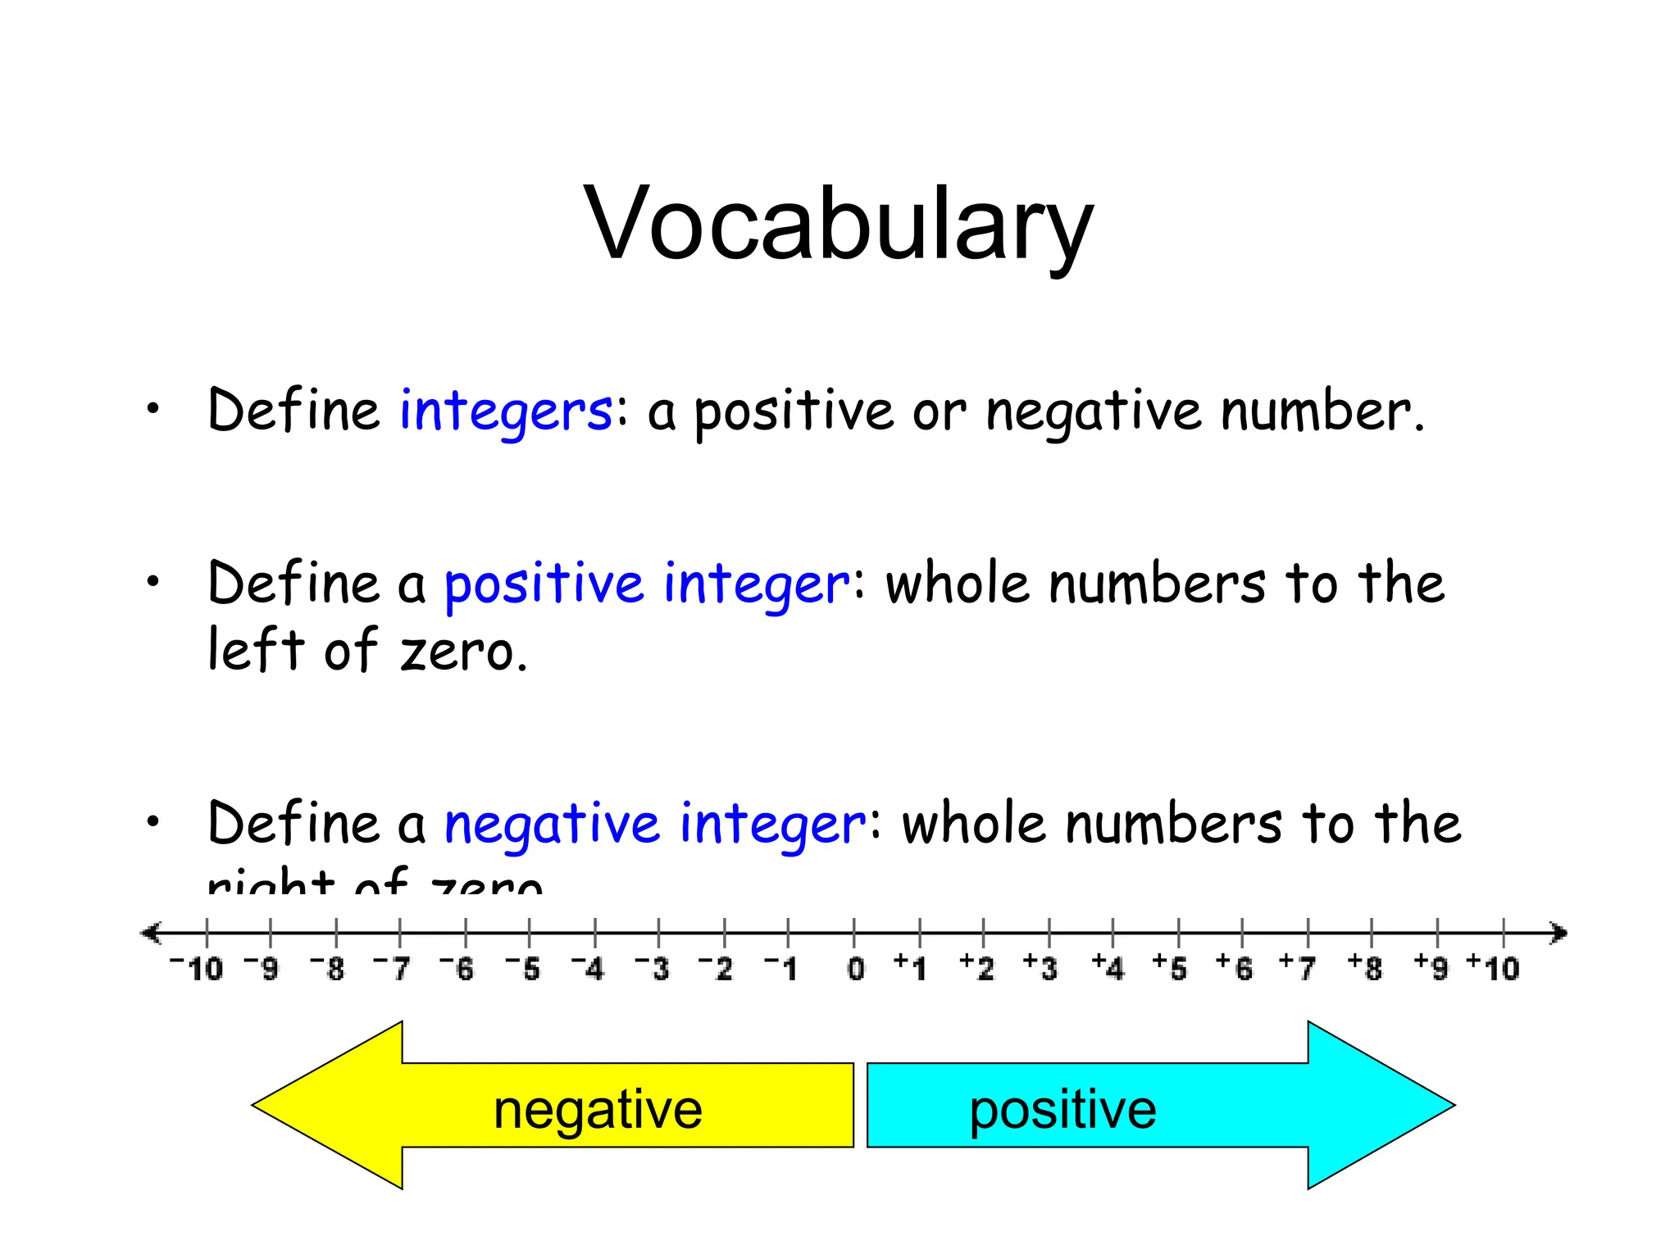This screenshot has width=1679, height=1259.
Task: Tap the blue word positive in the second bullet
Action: point(544,585)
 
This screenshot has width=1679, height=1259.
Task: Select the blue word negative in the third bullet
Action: point(552,825)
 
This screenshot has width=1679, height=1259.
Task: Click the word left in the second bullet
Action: point(255,649)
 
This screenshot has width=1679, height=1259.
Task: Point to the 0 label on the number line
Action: point(855,969)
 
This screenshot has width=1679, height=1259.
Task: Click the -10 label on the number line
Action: point(197,968)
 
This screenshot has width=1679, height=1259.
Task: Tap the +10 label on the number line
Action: point(1493,968)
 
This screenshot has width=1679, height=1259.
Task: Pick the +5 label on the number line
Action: point(1170,968)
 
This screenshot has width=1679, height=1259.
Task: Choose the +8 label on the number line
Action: point(1365,968)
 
